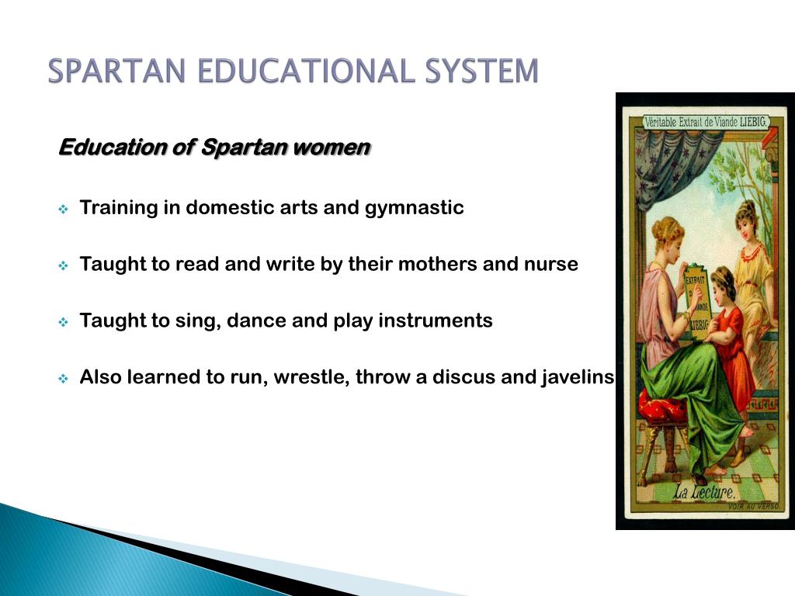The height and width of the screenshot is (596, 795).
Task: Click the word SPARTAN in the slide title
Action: pos(116,71)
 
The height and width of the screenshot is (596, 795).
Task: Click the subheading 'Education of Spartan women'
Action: pos(215,147)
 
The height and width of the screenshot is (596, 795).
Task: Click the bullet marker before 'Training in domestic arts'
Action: pos(64,209)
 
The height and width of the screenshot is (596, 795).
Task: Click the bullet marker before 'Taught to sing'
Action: pos(64,321)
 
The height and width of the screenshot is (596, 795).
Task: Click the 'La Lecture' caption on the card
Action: pos(704,491)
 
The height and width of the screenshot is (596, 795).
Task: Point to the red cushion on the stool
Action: pos(661,406)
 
